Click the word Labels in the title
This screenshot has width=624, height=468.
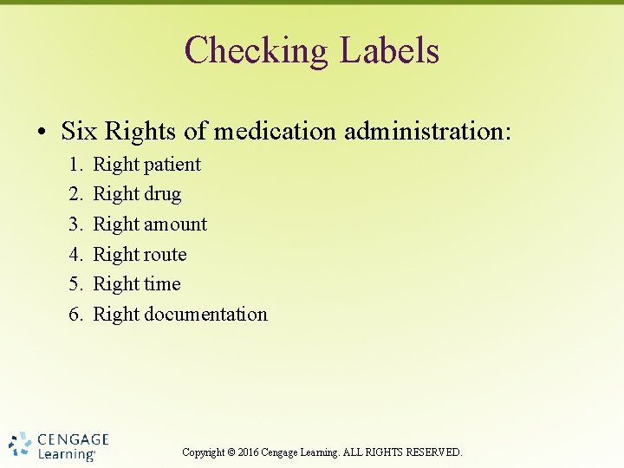tap(389, 50)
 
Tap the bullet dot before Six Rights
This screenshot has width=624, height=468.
tap(42, 133)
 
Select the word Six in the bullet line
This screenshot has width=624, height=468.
tap(79, 131)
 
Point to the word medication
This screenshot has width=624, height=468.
tap(276, 131)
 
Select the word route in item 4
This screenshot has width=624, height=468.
tap(166, 255)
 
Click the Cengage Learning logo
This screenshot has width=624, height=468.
tap(58, 445)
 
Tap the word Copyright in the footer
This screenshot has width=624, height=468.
tap(204, 452)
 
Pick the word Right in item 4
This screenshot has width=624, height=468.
tap(115, 255)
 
